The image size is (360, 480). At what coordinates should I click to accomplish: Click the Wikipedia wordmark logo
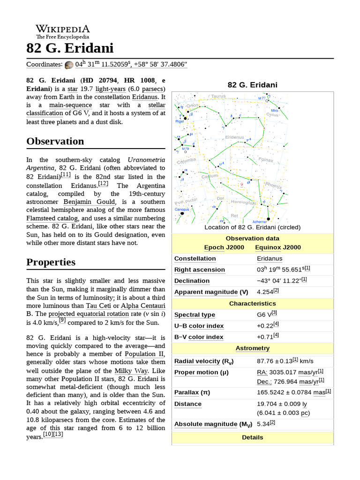point(62,29)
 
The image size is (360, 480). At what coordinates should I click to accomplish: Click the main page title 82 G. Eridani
point(70,48)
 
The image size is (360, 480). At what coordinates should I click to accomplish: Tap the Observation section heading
point(55,141)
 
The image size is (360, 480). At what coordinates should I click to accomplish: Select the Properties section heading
point(51,262)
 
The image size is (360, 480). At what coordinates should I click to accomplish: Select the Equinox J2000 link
point(278,247)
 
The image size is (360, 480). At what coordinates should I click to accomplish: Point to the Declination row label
point(192,281)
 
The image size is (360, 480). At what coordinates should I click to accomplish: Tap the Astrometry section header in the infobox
point(252,348)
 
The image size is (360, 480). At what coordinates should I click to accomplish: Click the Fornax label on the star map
point(265,160)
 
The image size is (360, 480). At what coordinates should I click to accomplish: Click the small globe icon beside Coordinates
point(69,65)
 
